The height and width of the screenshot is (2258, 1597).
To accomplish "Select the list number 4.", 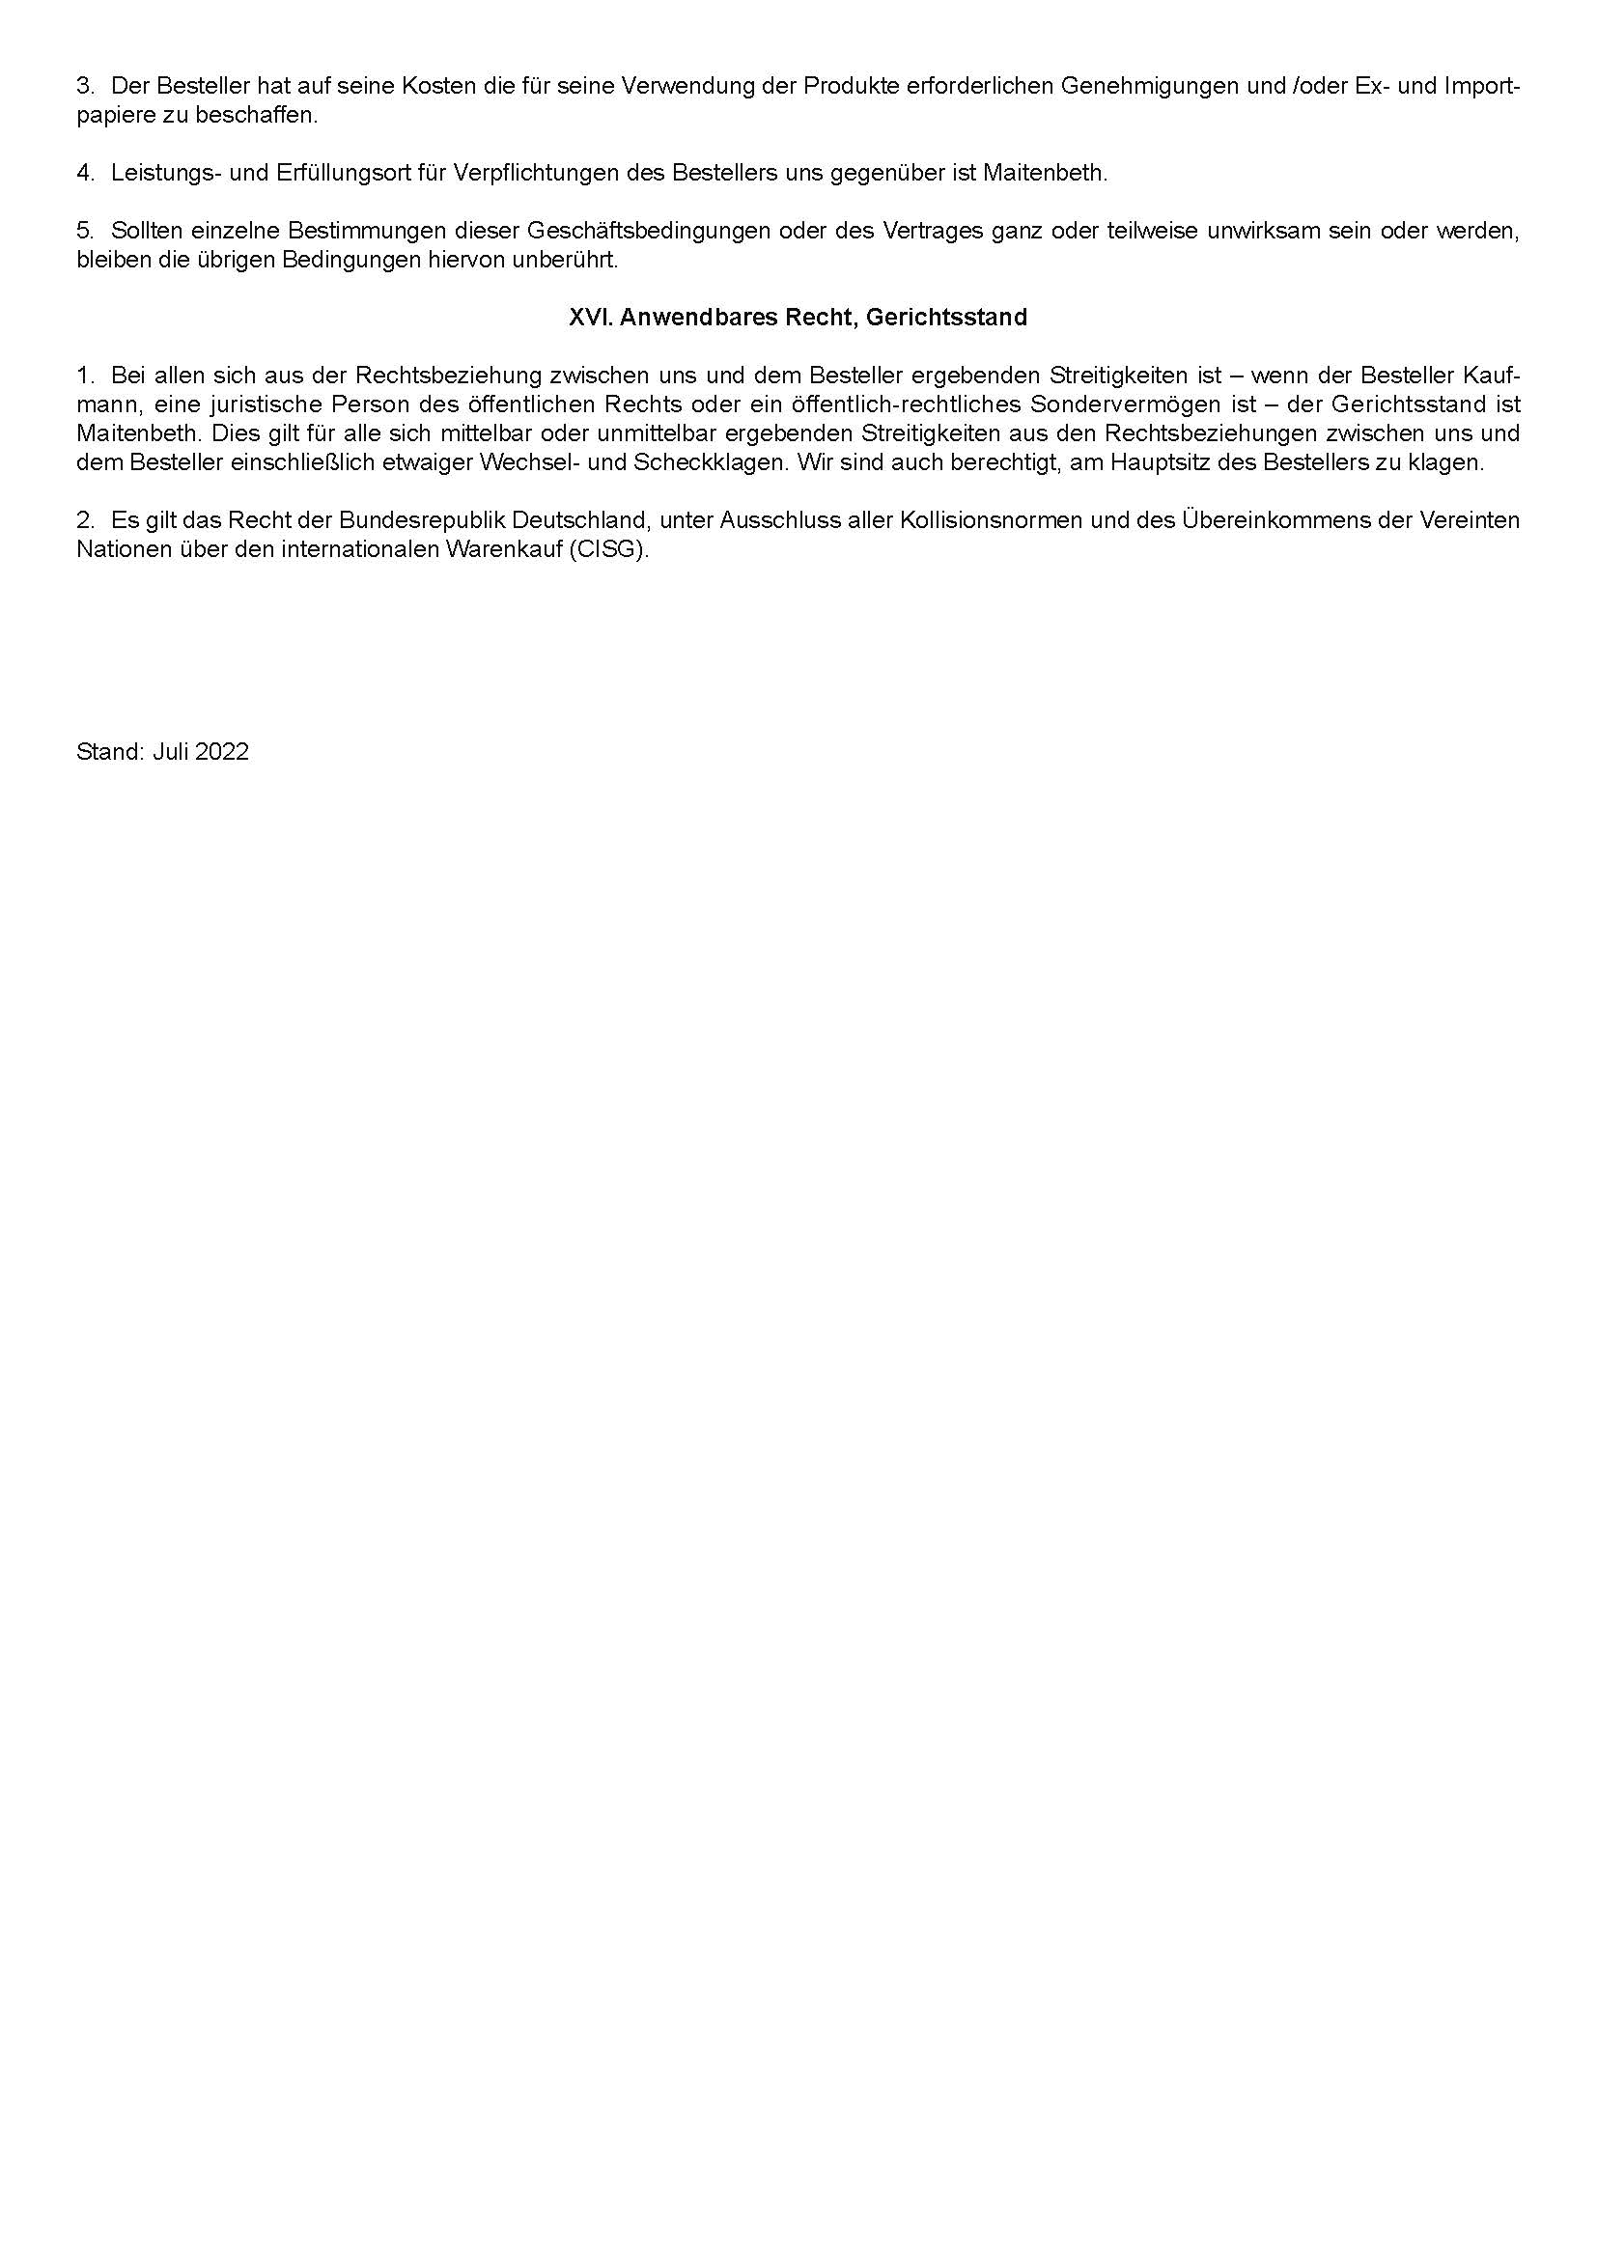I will coord(85,173).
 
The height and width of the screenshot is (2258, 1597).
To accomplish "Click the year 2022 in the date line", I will coord(221,752).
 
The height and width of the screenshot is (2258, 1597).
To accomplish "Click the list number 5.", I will coord(85,231).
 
